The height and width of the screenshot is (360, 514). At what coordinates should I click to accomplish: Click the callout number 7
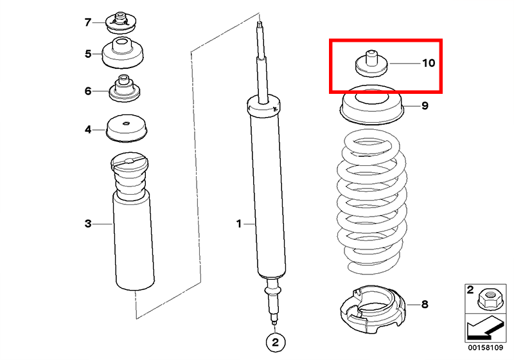tap(87, 22)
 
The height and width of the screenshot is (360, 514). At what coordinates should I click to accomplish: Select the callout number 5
tap(88, 53)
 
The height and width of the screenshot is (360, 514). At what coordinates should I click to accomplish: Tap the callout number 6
tap(88, 91)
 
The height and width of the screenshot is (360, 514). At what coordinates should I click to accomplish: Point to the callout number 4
tap(88, 129)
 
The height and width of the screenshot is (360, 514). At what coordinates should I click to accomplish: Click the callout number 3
tap(88, 224)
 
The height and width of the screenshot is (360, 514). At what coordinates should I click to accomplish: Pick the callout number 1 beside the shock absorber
tap(239, 224)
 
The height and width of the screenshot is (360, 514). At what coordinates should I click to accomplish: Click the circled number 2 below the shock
tap(276, 342)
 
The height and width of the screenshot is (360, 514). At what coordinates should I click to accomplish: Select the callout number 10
tap(429, 62)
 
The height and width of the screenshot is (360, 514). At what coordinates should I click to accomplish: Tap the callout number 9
tap(425, 105)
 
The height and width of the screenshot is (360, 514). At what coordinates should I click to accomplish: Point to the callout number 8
tap(425, 304)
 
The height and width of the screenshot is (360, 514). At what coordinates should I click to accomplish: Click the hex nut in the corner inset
tap(487, 298)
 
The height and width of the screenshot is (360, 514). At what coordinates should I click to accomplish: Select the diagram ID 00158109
tap(486, 348)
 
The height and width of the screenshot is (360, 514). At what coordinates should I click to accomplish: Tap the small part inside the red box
tap(371, 64)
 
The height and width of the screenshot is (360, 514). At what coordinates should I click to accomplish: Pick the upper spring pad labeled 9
tap(372, 105)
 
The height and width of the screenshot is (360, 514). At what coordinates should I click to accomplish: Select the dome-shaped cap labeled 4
tap(127, 129)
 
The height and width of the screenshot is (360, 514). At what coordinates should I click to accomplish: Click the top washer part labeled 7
tap(120, 23)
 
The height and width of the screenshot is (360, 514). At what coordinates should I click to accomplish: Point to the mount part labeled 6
tap(124, 89)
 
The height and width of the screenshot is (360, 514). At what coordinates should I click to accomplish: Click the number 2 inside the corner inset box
tap(470, 290)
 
